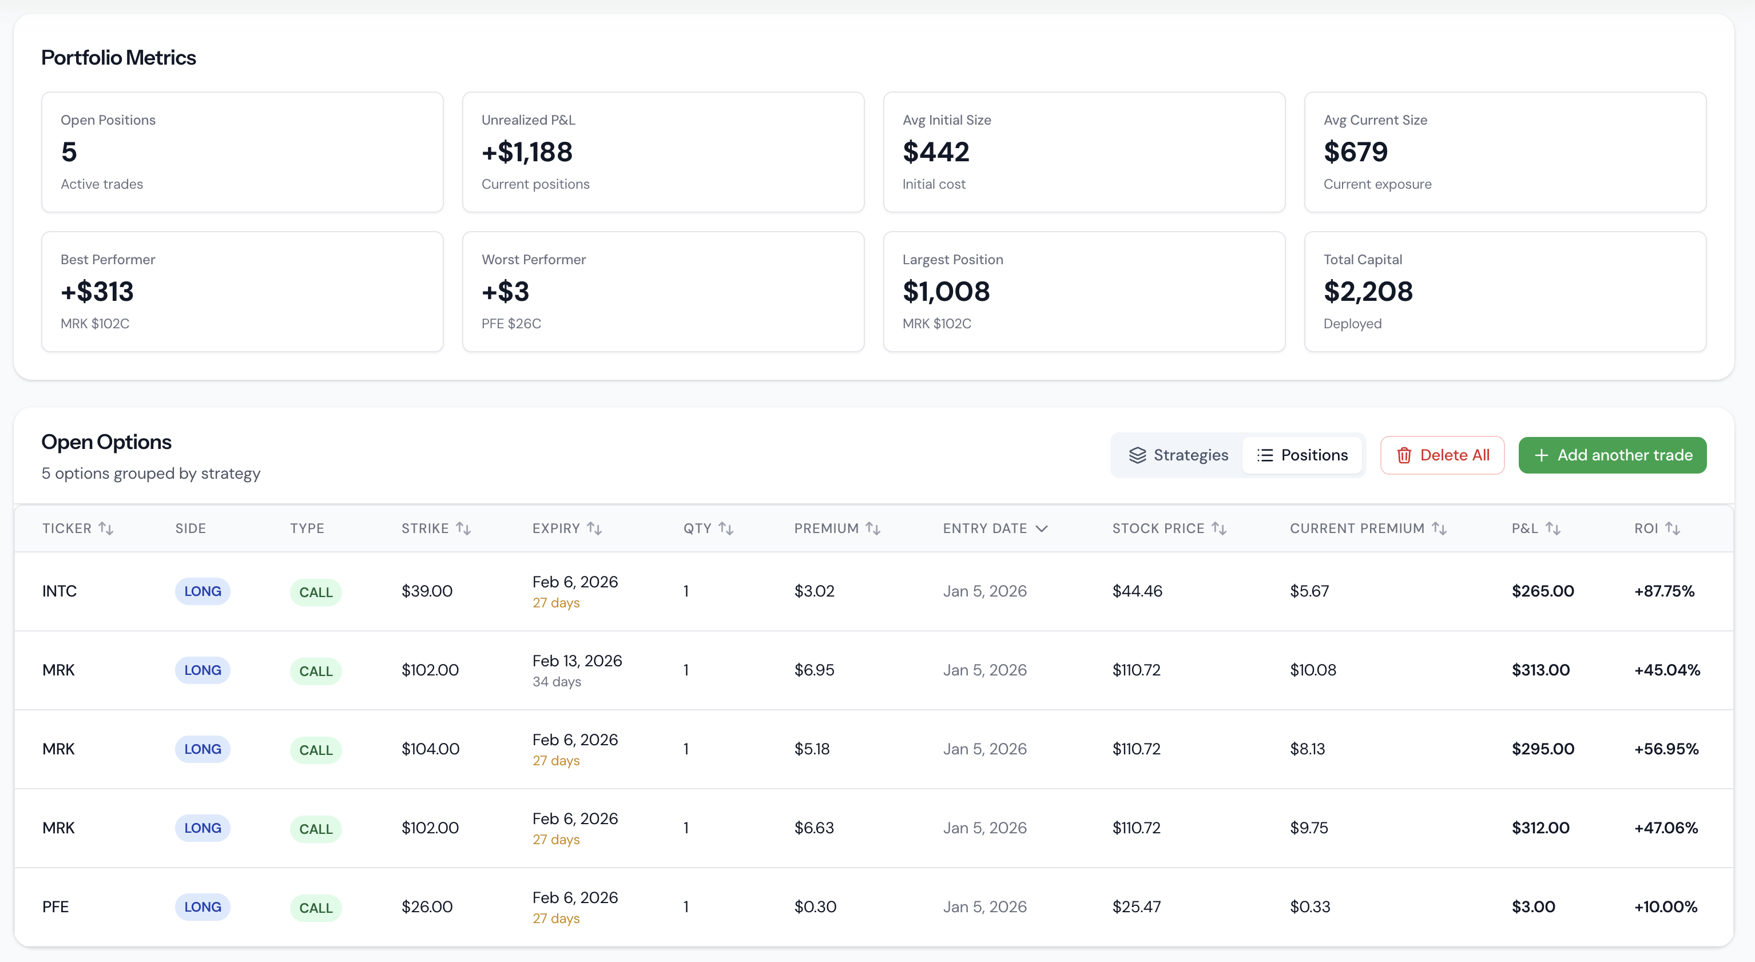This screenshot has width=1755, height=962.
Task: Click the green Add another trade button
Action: coord(1612,455)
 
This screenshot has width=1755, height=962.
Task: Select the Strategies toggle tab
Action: coord(1178,455)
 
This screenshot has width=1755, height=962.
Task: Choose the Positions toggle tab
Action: coord(1302,455)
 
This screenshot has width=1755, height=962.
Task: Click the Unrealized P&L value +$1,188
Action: coord(527,152)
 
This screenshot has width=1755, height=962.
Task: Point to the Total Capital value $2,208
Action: coord(1367,292)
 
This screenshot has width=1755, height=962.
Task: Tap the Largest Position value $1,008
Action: coord(946,292)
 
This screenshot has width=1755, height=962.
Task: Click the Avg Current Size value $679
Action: coord(1355,152)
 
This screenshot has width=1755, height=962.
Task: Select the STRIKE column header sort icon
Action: coord(463,528)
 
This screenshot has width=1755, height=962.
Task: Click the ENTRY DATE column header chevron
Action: coord(1041,528)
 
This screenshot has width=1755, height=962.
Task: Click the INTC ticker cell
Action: coord(59,591)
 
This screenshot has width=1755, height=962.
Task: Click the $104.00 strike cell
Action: coord(430,749)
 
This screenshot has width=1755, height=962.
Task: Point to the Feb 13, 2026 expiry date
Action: coord(577,661)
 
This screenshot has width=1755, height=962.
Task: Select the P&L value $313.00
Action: coord(1540,670)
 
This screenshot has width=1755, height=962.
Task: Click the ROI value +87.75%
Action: coord(1663,591)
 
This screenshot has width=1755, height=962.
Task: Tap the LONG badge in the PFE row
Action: coord(202,907)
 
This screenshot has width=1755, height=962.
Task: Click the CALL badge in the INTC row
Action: coord(315,592)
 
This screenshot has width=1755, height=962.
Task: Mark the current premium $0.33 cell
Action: coord(1309,907)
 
